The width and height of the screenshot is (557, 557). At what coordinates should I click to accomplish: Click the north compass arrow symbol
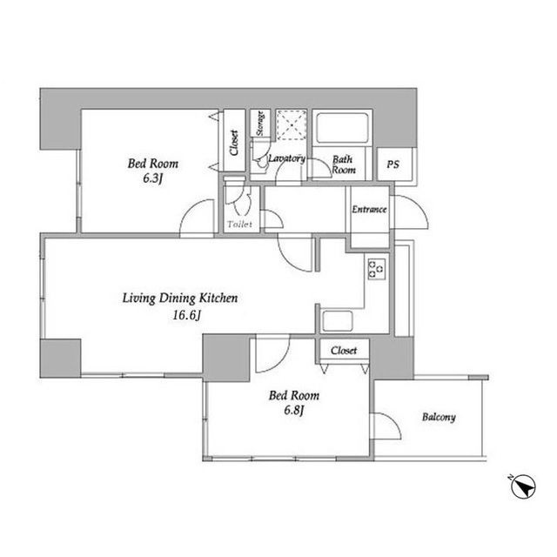coord(524,487)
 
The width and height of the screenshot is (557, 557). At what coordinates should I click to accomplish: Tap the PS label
coord(393,164)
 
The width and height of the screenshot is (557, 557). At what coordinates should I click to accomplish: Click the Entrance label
coord(369,209)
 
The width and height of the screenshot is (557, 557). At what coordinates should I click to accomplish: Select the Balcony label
coord(439,417)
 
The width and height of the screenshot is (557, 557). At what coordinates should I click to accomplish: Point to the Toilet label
coord(240,225)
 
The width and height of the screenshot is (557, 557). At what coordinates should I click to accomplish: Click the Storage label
coord(260,124)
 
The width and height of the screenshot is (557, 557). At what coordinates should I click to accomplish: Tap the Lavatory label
coord(286,158)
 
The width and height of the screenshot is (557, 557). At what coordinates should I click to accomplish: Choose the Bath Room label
coord(344,164)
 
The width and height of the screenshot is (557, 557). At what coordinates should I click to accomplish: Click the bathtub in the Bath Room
coord(342,128)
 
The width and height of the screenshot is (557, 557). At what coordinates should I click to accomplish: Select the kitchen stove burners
coord(377,268)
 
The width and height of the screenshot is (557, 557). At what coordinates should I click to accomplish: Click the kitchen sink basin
coord(338,321)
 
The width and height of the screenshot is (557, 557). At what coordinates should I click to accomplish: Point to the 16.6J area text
coord(187,315)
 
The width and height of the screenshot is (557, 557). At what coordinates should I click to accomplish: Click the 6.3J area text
coord(153,178)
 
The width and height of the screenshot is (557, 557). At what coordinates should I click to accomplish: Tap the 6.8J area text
coord(294,410)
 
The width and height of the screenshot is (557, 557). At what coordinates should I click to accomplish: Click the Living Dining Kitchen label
coord(180,298)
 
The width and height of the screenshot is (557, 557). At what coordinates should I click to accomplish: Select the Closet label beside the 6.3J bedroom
coord(234,143)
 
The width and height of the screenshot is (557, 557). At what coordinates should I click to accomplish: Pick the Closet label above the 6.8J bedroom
coord(344,351)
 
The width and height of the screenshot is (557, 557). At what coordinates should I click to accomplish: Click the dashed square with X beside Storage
coord(292,124)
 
